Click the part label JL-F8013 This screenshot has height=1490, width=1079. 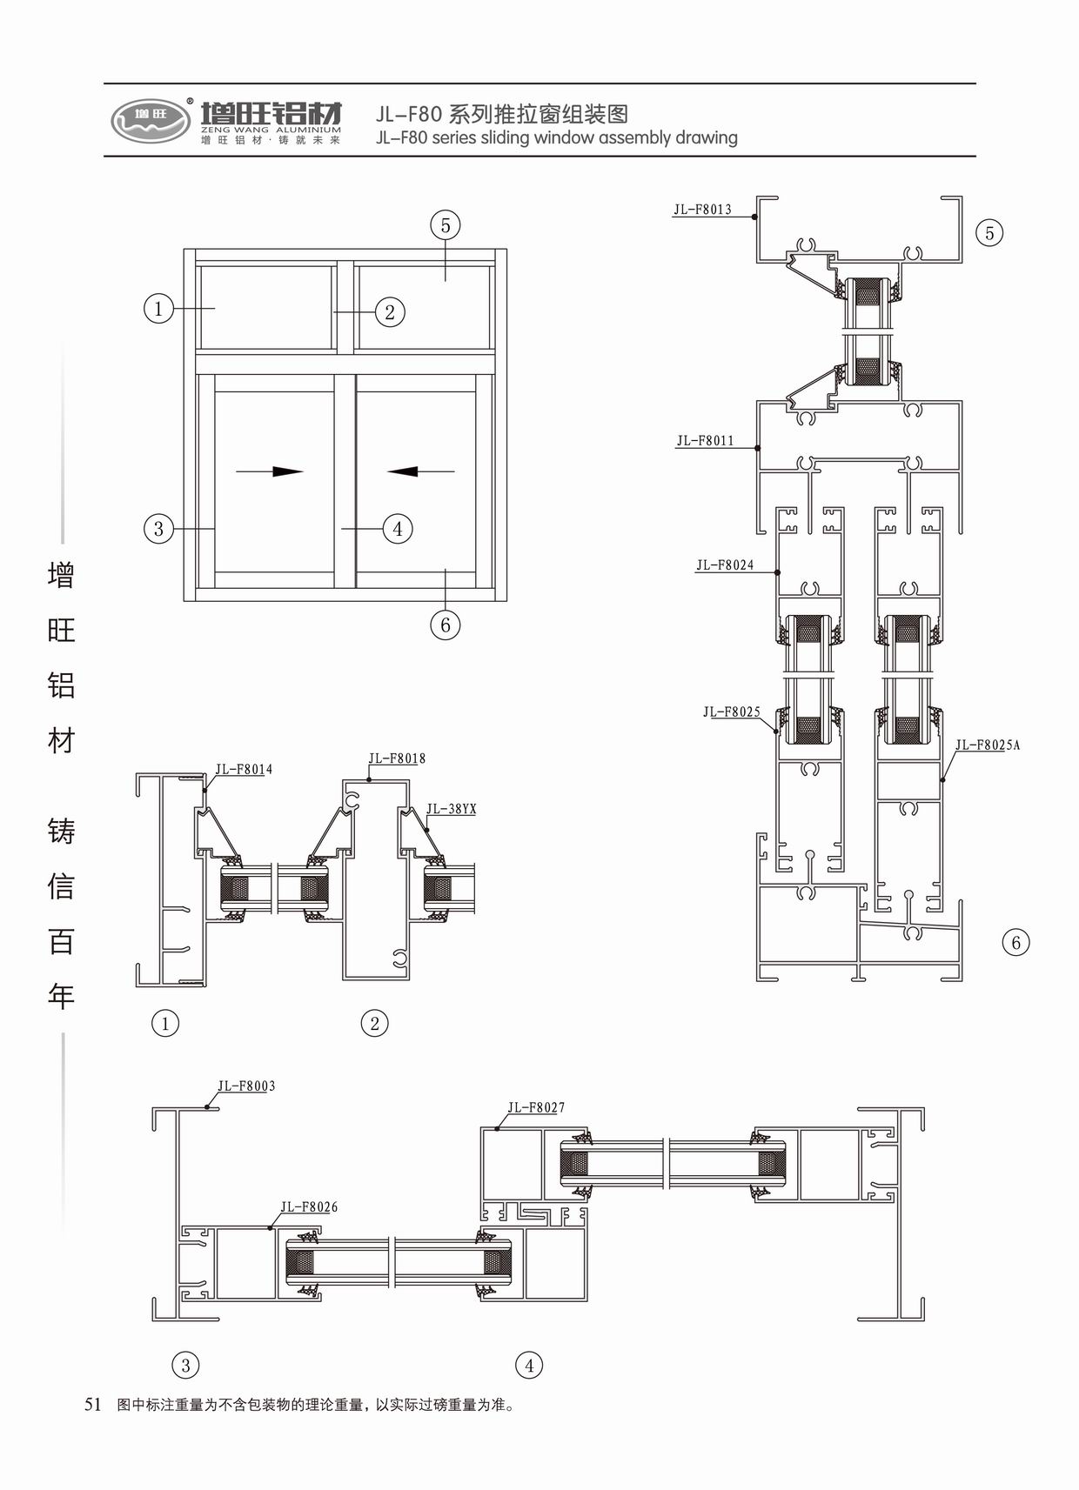point(702,210)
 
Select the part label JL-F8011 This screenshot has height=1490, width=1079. point(705,441)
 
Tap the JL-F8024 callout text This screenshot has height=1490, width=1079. point(724,565)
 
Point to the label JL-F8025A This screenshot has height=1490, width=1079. point(987,745)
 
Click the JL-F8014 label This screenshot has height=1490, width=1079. point(244,770)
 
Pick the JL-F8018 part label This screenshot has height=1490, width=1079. point(397,758)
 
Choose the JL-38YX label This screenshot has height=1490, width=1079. point(451,810)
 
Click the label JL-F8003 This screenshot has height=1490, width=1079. point(246,1086)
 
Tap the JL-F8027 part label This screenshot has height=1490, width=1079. point(536,1108)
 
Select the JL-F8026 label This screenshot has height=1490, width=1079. point(309,1207)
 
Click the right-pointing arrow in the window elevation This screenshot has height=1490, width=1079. point(271,471)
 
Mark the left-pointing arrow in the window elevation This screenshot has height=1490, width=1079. point(420,471)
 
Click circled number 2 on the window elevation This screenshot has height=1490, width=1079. point(390,312)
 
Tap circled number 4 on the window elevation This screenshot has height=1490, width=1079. point(398,528)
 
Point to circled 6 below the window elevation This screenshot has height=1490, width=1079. point(446,625)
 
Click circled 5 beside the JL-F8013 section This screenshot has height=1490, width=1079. point(989,233)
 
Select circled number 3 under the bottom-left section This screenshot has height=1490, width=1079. point(185,1366)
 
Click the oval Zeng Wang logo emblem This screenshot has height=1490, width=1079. point(151,120)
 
